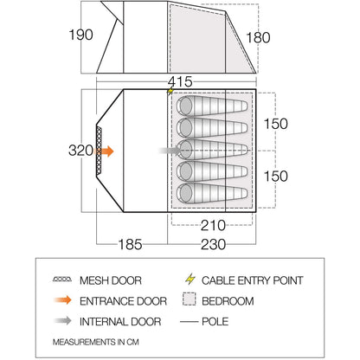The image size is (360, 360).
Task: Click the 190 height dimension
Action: click(80, 35)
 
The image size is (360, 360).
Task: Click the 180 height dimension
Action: click(258, 37)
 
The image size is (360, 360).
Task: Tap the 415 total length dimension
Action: click(180, 81)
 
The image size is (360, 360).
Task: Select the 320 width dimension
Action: click(80, 151)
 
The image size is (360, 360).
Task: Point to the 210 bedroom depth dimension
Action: click(213, 225)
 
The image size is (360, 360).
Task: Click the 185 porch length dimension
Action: click(130, 244)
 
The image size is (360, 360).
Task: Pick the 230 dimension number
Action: click(213, 244)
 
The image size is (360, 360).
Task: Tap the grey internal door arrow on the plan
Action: click(170, 151)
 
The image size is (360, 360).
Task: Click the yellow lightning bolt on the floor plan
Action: click(170, 91)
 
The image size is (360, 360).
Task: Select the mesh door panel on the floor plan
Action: click(99, 151)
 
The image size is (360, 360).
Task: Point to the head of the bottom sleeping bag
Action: click(185, 193)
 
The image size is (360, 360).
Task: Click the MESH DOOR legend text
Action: click(111, 280)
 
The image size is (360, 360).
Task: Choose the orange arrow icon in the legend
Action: click(62, 300)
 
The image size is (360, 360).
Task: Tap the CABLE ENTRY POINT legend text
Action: click(253, 280)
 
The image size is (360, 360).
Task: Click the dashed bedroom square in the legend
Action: click(190, 299)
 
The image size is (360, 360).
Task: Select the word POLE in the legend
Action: click(215, 321)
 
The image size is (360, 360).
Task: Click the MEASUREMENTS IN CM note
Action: click(96, 342)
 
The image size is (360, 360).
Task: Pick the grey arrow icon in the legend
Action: click(62, 320)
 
